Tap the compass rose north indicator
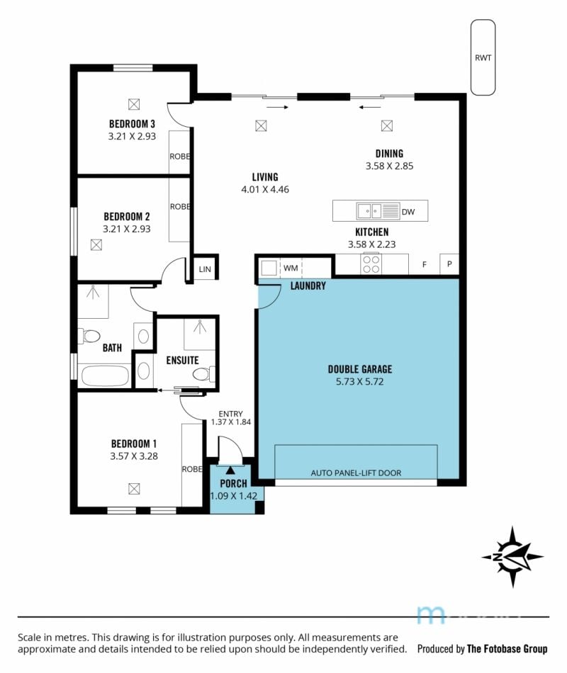coord(512,557)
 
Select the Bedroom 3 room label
coord(132,124)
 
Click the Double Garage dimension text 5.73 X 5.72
coord(359,382)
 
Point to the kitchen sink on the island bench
coord(369,210)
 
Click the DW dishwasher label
coord(408,212)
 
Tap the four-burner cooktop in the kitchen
coord(371,264)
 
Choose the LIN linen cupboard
coord(205,269)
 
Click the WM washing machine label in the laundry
coord(291,268)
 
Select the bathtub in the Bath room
coord(105,375)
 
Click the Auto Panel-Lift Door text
coord(356,473)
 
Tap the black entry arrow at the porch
coord(230,470)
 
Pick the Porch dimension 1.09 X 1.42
coord(234,496)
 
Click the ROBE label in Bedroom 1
coord(192,469)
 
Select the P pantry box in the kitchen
coord(449,264)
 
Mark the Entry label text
coord(230,414)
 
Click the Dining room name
coord(389,154)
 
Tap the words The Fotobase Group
coord(507,648)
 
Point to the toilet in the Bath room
coord(89,336)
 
